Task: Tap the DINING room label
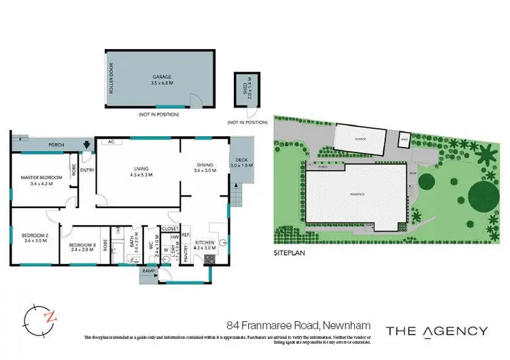[x=205, y=167]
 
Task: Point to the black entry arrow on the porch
[x=86, y=144]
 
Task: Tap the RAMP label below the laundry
[x=149, y=271]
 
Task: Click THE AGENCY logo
[x=437, y=331]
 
